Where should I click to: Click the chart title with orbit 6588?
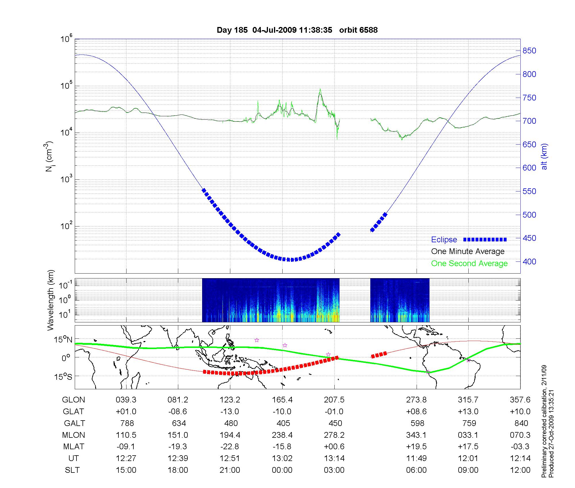[297, 30]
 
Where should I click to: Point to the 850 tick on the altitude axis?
[529, 51]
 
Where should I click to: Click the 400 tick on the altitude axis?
[529, 262]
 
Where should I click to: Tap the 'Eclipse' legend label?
[444, 240]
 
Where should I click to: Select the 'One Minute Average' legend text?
[468, 251]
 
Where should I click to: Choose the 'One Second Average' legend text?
[469, 264]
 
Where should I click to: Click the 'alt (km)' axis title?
[544, 156]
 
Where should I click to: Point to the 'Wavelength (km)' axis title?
[51, 300]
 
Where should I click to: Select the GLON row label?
[74, 400]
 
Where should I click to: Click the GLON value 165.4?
[282, 400]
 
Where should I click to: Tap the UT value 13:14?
[334, 458]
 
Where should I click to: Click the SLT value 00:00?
[282, 470]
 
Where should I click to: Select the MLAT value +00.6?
[334, 447]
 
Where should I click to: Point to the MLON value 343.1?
[416, 435]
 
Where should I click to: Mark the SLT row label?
[72, 470]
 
